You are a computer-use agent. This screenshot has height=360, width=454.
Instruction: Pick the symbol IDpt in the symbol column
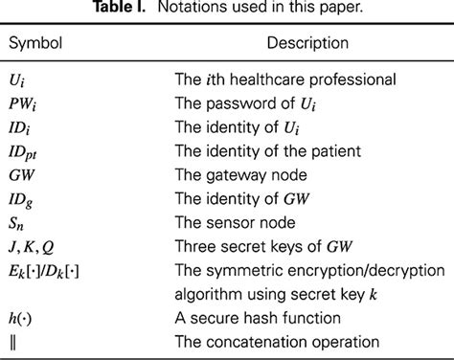29,149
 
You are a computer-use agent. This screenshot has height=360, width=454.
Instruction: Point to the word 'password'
255,101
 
